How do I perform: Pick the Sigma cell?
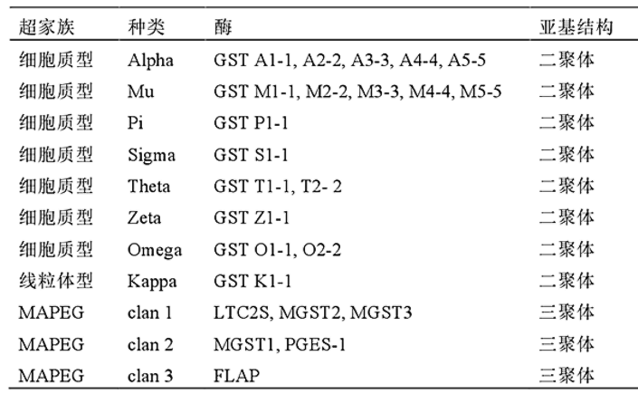pos(152,156)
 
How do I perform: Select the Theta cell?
pos(149,187)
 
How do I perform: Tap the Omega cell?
pos(155,250)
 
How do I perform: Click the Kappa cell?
pos(152,281)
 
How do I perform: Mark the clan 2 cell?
pos(150,344)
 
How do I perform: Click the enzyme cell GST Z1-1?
pos(252,219)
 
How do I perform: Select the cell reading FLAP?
pos(237,375)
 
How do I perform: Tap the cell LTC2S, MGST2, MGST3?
pos(313,313)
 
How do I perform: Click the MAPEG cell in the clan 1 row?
pos(52,313)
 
